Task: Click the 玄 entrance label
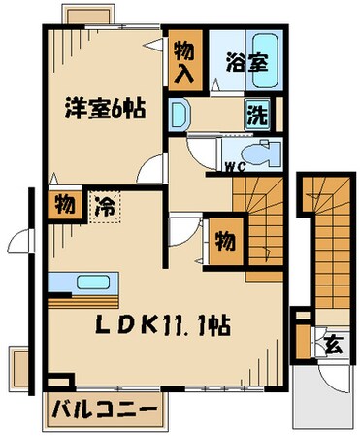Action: tap(331, 343)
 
